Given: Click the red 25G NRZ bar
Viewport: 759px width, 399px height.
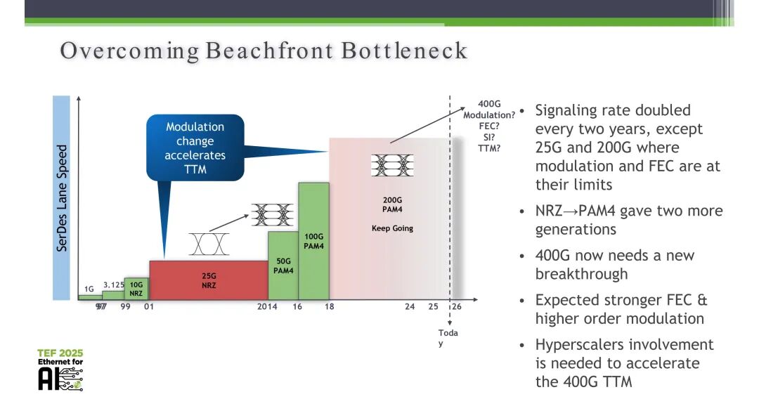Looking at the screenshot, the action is [x=209, y=280].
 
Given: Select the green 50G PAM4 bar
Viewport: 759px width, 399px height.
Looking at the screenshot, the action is [x=283, y=266].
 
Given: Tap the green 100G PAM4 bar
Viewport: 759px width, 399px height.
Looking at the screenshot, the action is [x=313, y=241].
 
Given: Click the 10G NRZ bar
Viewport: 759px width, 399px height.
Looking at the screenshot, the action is [x=136, y=289].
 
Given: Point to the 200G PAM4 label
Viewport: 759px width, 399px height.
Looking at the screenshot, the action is [x=392, y=204].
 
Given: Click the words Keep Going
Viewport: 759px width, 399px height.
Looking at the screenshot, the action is [x=392, y=228].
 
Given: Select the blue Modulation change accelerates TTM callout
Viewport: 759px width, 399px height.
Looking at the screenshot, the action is [x=195, y=148].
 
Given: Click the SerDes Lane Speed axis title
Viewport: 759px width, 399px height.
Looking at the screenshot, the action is [x=61, y=198].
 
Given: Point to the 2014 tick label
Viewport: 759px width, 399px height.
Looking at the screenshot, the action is [x=267, y=306].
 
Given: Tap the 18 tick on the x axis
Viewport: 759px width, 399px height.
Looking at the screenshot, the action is [x=329, y=306].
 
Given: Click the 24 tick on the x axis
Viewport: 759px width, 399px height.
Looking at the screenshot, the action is [x=410, y=306].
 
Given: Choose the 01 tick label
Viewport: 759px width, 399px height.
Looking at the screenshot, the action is [x=148, y=306].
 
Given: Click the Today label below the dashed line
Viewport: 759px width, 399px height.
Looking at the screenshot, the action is [x=448, y=338].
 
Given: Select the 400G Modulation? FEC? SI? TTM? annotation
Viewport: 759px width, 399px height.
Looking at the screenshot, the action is [x=489, y=126].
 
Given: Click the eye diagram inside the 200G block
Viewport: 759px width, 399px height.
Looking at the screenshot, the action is [x=392, y=165].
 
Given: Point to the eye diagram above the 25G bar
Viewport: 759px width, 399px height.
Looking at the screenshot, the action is [x=209, y=244].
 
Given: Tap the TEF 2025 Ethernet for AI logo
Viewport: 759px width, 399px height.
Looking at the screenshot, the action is [x=60, y=369].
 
